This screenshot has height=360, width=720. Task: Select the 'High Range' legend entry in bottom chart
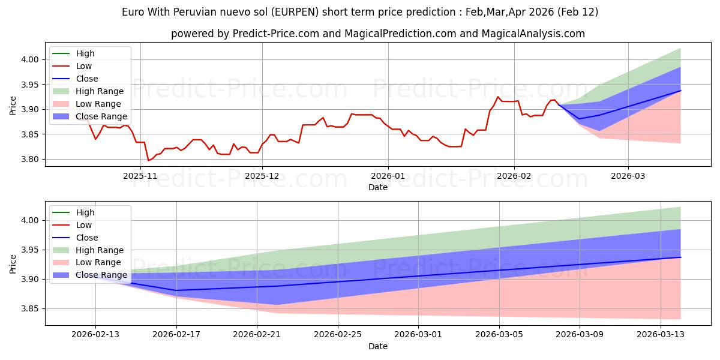[x=100, y=250]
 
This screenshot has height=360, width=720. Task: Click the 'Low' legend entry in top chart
[x=84, y=66]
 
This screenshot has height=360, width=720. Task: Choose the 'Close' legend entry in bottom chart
[x=87, y=238]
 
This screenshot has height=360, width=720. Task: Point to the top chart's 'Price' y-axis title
[x=13, y=105]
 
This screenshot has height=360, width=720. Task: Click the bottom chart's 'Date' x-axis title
[x=378, y=346]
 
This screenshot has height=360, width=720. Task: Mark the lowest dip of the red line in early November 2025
[x=148, y=160]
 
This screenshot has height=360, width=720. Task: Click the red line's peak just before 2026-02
[x=498, y=97]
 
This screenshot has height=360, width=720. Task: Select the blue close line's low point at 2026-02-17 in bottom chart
[x=176, y=290]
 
